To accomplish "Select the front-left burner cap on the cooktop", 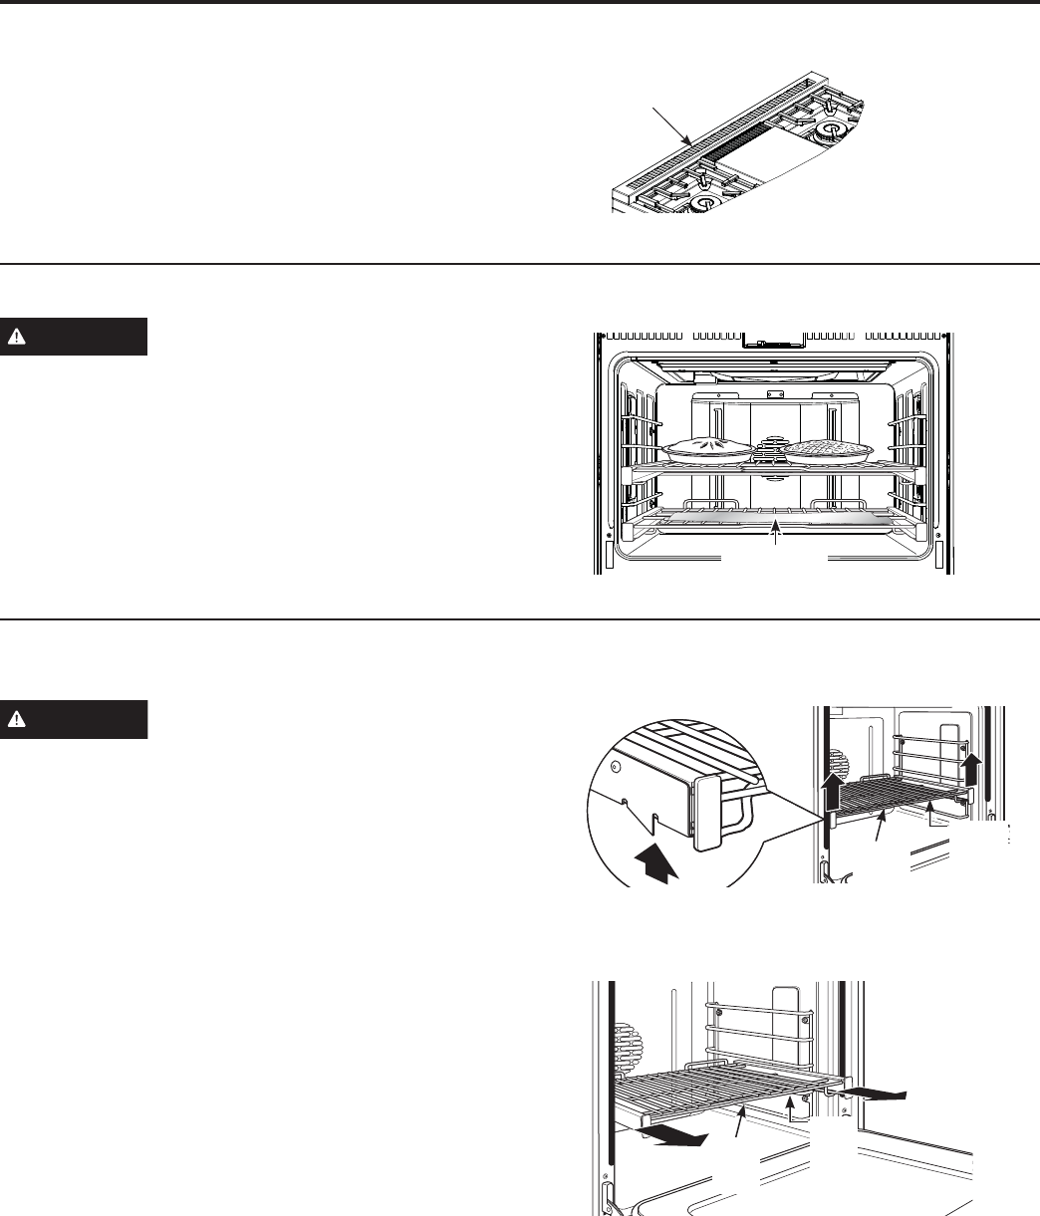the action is [x=706, y=203].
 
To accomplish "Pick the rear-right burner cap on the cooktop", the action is [x=829, y=129].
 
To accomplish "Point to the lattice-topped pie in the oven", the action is [x=828, y=450].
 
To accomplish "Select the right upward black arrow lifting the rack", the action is [x=972, y=769].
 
